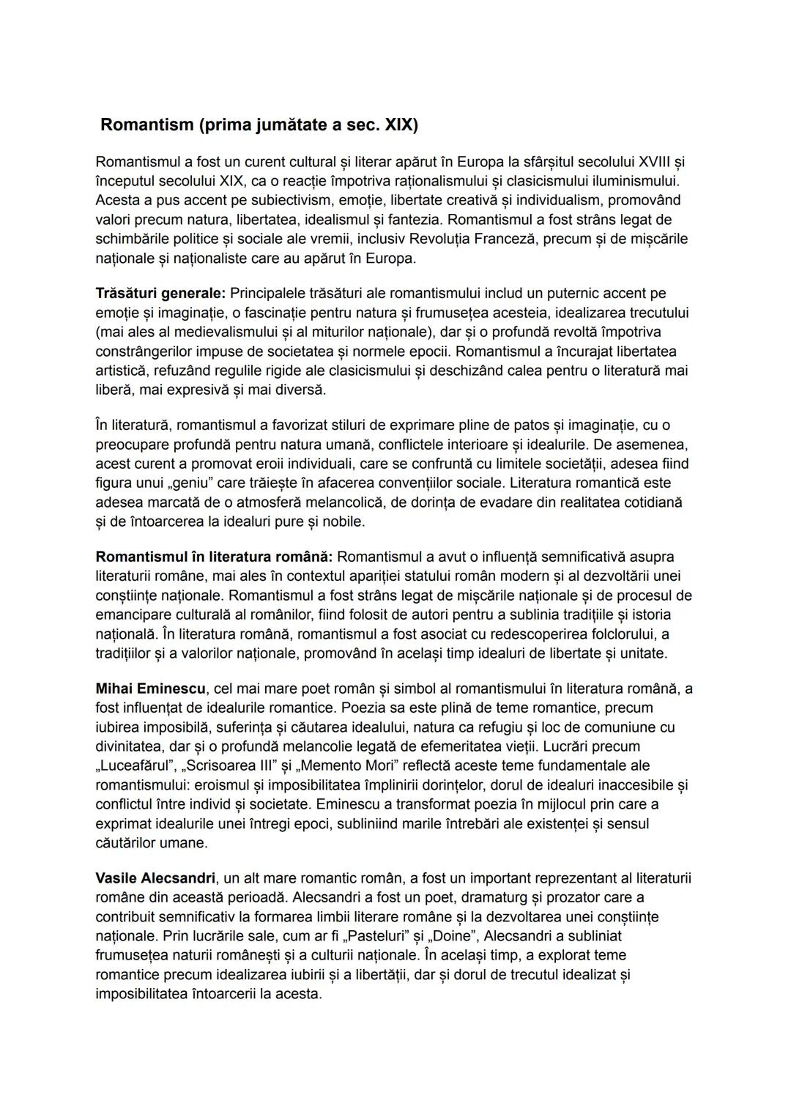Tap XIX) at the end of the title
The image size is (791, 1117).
click(401, 125)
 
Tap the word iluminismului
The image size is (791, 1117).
click(635, 180)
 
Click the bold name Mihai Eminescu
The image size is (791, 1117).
click(151, 689)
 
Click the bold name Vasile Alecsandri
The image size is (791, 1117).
click(155, 877)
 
